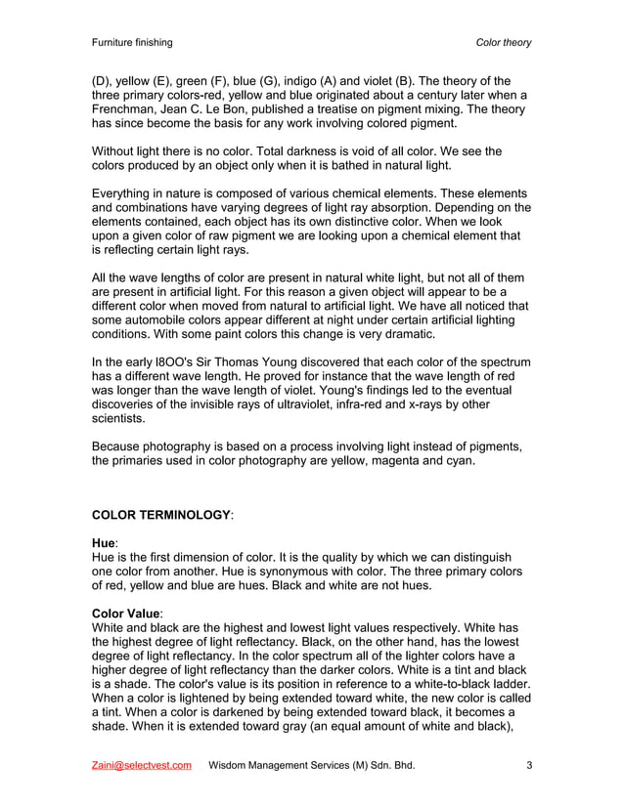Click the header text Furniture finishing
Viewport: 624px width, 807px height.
(x=131, y=43)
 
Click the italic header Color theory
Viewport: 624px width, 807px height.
(x=503, y=43)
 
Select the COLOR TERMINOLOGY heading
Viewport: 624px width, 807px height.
(x=162, y=514)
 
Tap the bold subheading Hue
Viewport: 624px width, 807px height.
(x=103, y=541)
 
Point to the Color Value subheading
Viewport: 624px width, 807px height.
(x=126, y=612)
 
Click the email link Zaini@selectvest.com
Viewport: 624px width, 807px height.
(x=141, y=765)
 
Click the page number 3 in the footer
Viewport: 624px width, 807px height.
(x=528, y=765)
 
